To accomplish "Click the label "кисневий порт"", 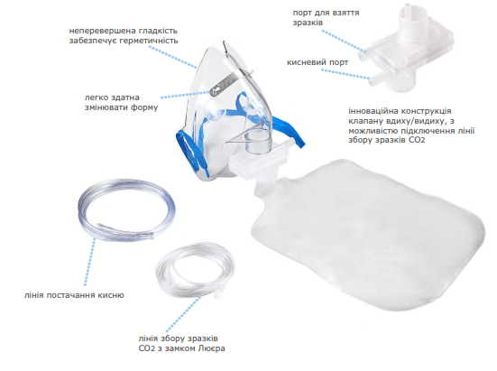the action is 318,62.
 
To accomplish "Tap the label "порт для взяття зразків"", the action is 326,18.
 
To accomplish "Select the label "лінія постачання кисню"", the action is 74,295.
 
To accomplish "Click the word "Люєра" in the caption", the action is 211,348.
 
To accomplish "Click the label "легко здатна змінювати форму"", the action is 121,102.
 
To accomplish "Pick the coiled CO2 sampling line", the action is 194,271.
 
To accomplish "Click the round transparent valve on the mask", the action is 215,108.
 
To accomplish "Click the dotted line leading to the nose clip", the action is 186,95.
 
